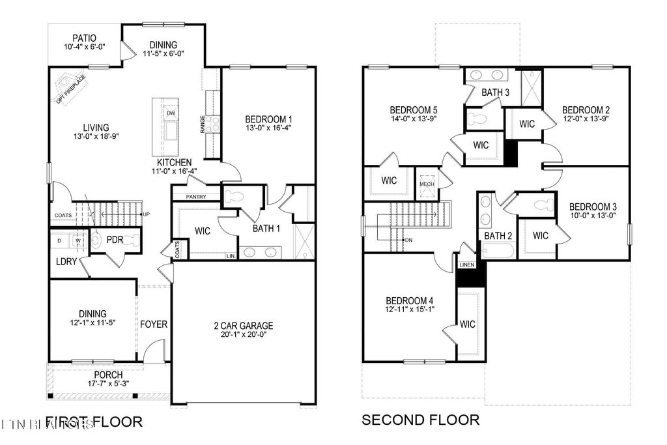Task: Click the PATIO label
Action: [85, 38]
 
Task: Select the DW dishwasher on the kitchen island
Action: [171, 113]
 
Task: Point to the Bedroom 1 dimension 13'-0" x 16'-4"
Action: [268, 129]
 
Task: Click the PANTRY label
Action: [196, 196]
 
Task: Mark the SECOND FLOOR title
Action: [420, 420]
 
